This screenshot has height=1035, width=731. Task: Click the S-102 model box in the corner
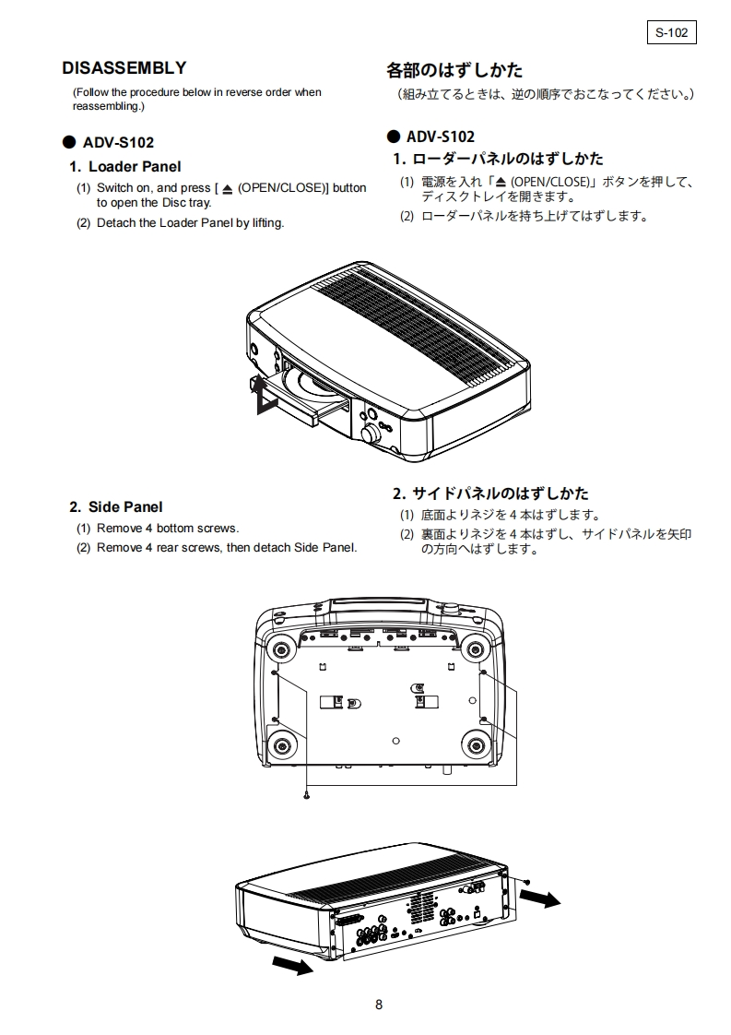click(x=671, y=32)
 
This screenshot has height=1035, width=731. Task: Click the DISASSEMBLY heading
click(x=124, y=68)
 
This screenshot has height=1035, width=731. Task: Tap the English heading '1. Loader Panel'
click(x=125, y=167)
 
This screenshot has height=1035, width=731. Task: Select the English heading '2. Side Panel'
click(x=116, y=506)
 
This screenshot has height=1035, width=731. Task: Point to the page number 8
click(x=379, y=1005)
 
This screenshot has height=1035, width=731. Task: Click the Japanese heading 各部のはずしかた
click(x=454, y=70)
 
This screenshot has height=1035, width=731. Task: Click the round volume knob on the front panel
click(x=371, y=434)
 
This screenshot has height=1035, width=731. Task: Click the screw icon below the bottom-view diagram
click(x=306, y=793)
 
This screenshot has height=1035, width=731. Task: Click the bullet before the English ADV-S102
click(x=67, y=143)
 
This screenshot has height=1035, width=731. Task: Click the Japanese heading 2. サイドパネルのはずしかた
click(x=490, y=494)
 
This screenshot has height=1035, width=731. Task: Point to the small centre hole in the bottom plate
click(x=395, y=741)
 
